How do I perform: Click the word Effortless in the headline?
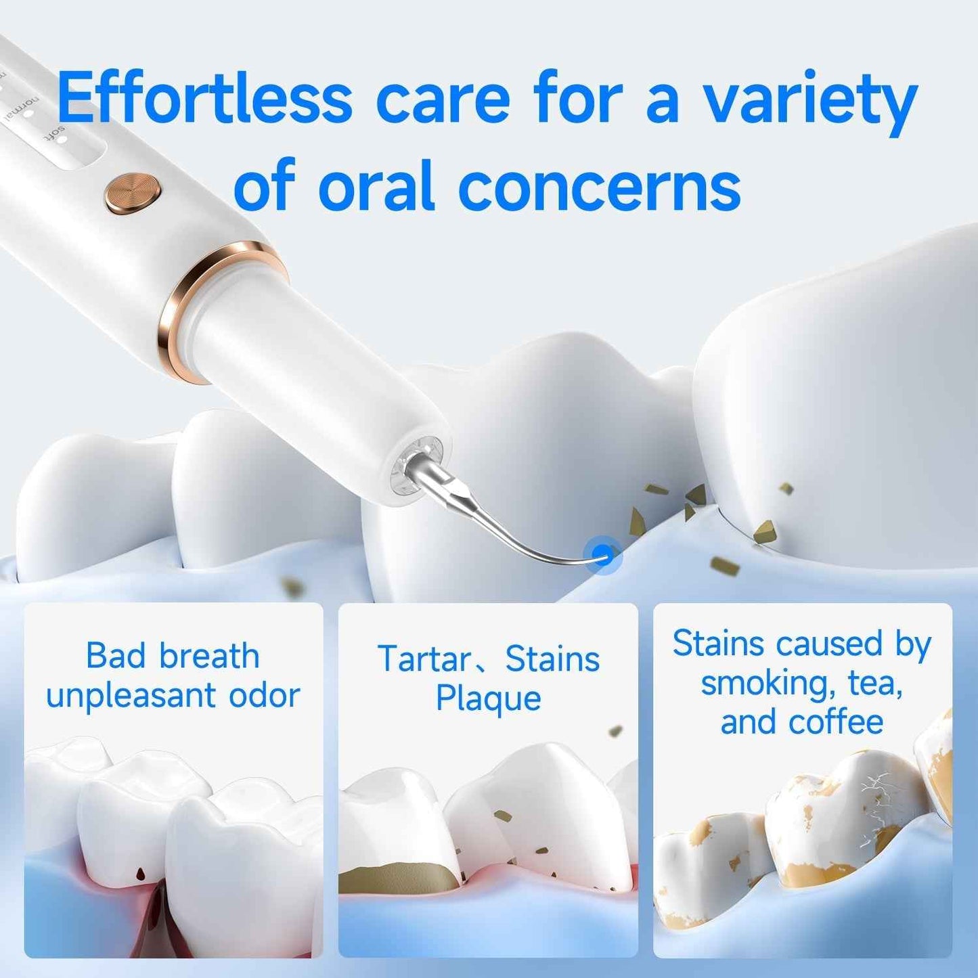click(204, 99)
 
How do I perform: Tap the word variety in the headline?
click(809, 102)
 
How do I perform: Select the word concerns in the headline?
click(599, 187)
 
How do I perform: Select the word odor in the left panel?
click(265, 696)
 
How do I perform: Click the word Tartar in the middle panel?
click(424, 659)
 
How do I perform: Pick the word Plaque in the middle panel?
click(488, 698)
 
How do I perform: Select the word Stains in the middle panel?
click(552, 659)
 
